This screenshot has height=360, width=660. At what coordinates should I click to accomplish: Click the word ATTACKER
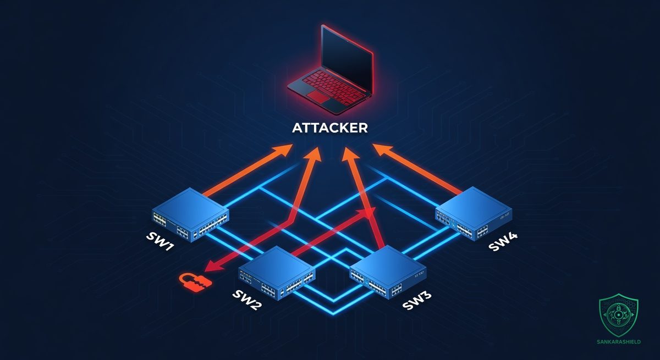click(330, 128)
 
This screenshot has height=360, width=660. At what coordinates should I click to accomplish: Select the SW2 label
click(247, 300)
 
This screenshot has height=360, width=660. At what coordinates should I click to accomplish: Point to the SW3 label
click(417, 300)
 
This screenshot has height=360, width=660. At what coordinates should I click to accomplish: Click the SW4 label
click(503, 242)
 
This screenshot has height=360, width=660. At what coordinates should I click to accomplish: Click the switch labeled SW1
click(190, 214)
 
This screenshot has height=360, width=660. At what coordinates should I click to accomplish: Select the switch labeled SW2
click(277, 273)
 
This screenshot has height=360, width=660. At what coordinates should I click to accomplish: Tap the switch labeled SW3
click(388, 273)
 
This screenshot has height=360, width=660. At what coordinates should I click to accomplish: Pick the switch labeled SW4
click(474, 213)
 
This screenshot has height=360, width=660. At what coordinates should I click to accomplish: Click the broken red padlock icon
click(195, 283)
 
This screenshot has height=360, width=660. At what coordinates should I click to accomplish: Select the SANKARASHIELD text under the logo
click(618, 342)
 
